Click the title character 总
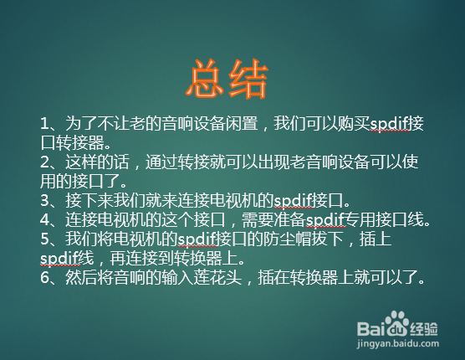206,81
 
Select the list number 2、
49,162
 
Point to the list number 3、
49,200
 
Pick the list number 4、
49,219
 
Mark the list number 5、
49,239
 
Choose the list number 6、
49,276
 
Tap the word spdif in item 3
296,200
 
